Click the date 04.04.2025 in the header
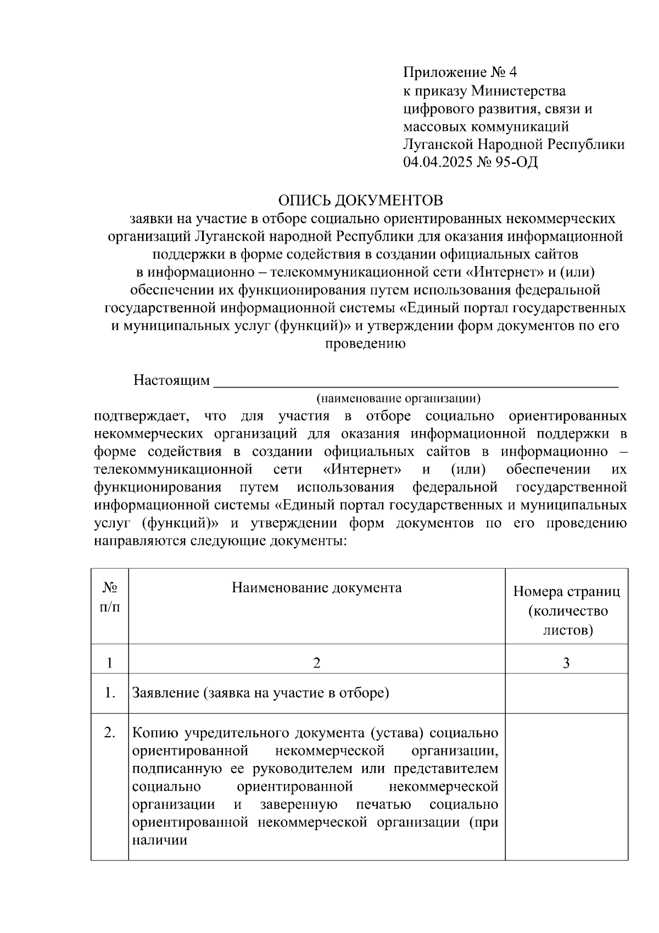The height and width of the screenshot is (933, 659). tap(437, 162)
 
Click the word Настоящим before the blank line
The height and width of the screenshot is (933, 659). tap(171, 380)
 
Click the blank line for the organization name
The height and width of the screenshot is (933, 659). tap(415, 383)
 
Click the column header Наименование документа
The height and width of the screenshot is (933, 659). tap(316, 588)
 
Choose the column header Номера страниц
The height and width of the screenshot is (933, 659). tap(566, 592)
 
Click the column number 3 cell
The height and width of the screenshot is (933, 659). tap(566, 663)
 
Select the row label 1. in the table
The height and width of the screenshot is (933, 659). tap(110, 693)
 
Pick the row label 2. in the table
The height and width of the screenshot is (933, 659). tap(110, 732)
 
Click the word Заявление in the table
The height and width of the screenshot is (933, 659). tap(165, 693)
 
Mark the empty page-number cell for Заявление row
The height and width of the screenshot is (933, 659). tap(566, 693)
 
